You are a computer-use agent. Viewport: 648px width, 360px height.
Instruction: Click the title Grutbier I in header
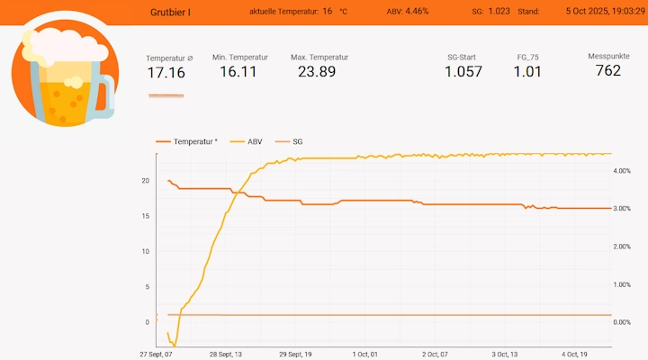pos(170,12)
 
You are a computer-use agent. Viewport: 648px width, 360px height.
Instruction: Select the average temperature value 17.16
pos(166,73)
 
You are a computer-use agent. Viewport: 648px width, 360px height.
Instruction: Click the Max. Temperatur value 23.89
pos(319,72)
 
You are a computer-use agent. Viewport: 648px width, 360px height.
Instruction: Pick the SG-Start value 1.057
pos(463,72)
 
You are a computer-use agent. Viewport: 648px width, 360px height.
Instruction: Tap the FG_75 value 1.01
pos(527,72)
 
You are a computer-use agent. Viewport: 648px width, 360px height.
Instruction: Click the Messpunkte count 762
pos(608,71)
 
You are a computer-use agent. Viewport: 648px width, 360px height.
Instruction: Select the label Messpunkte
pos(608,56)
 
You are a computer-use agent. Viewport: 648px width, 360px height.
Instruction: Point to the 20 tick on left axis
pos(145,180)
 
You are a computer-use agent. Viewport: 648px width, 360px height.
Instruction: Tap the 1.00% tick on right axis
pos(621,284)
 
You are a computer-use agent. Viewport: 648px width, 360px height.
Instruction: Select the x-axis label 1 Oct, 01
pos(365,354)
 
